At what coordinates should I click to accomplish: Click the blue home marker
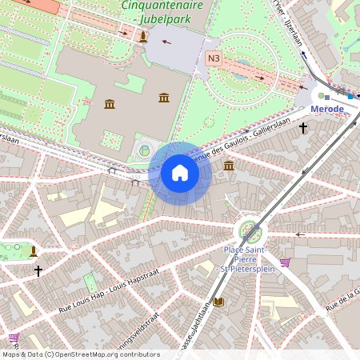(x=180, y=173)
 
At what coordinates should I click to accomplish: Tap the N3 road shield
(x=214, y=58)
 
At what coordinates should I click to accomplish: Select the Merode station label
(x=326, y=109)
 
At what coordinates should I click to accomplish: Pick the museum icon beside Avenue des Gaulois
(x=229, y=166)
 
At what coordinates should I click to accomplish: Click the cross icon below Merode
(x=303, y=127)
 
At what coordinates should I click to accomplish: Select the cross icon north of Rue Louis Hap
(x=38, y=271)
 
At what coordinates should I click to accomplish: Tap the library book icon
(x=218, y=302)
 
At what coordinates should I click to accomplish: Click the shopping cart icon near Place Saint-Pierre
(x=286, y=262)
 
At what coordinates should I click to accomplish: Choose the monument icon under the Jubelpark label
(x=143, y=37)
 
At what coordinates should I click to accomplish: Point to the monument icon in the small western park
(x=34, y=251)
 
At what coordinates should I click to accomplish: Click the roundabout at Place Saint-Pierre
(x=250, y=233)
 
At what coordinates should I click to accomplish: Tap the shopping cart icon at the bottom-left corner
(x=14, y=338)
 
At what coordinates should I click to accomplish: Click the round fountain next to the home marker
(x=145, y=150)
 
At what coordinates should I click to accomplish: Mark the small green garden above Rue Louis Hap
(x=91, y=282)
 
